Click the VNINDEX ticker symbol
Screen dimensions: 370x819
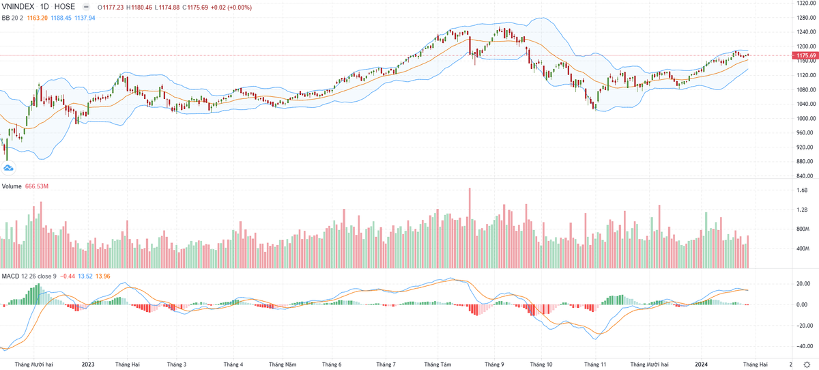click(18, 7)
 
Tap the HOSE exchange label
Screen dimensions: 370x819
click(65, 7)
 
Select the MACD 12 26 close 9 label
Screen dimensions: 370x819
click(30, 276)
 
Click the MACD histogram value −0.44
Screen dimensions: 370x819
click(68, 276)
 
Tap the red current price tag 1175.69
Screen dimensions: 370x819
click(801, 55)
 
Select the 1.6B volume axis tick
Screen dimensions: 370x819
click(803, 190)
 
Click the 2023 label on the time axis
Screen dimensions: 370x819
click(88, 365)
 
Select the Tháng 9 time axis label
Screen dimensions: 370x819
click(493, 365)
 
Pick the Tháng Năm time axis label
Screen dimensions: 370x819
click(283, 365)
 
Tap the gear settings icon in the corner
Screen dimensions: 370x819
click(808, 365)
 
